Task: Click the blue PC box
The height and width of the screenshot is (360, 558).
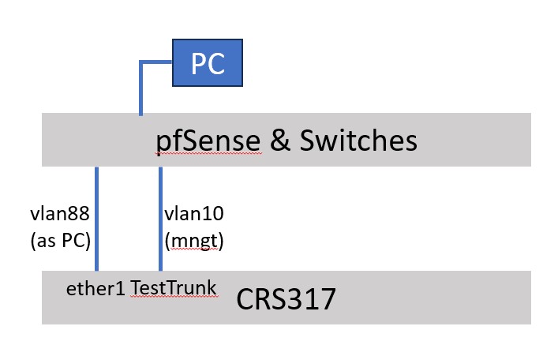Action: click(208, 62)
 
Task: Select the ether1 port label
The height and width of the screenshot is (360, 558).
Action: click(95, 289)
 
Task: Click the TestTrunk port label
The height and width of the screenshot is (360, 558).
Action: click(174, 289)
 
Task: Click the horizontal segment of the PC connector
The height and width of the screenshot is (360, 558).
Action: click(156, 60)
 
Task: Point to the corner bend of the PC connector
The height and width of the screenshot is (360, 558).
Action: click(141, 60)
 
